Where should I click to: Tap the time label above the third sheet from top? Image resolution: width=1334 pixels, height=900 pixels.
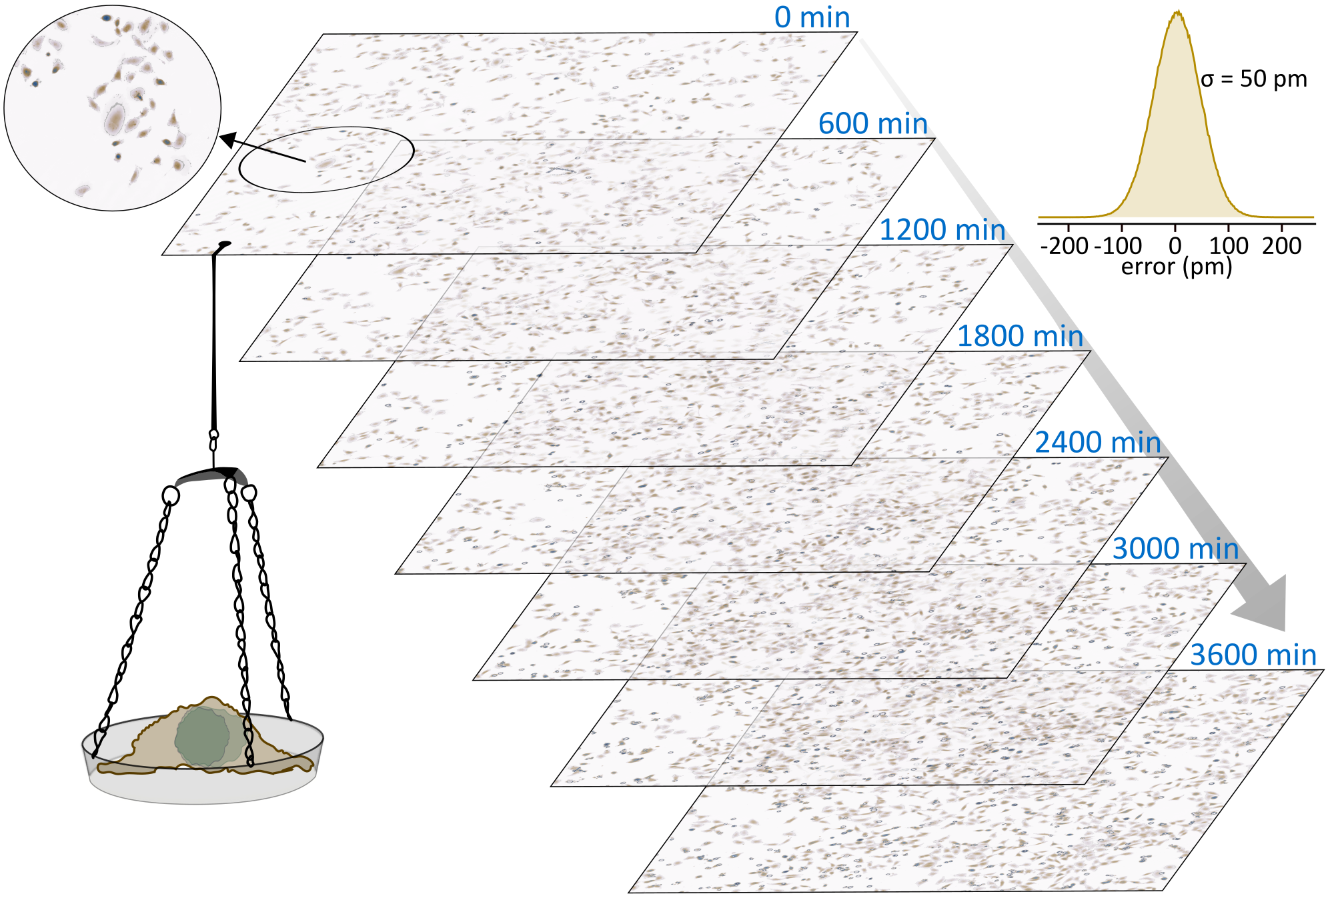942,231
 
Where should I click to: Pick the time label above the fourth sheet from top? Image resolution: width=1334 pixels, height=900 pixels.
1021,337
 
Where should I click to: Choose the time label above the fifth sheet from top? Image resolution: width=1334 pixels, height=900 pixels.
1097,443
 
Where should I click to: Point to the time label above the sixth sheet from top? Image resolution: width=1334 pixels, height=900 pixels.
1175,549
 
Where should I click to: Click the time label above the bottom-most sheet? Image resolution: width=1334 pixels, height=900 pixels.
1254,656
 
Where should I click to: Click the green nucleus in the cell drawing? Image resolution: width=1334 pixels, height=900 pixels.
203,736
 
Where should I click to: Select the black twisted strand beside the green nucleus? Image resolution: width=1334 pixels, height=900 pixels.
249,741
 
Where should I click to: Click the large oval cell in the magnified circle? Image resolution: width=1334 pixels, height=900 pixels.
115,119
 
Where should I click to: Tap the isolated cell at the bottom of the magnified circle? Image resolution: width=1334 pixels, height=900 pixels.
83,191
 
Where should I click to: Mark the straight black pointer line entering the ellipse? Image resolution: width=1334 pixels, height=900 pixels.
273,153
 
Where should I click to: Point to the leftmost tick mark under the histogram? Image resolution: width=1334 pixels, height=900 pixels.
1069,230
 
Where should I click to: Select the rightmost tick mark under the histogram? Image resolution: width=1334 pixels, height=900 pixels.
1282,230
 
